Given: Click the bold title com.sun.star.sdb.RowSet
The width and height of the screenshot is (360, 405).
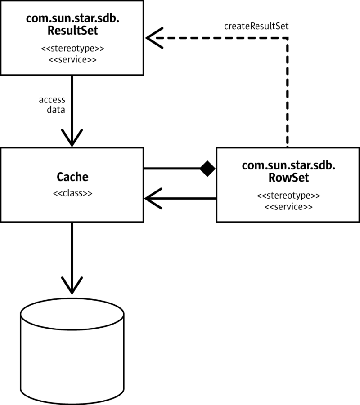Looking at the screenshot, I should point(288,171).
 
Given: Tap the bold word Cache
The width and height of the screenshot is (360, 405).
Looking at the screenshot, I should point(72,177).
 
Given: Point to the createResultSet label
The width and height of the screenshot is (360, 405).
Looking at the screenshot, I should point(256,26).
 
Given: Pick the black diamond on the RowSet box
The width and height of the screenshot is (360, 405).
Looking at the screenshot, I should point(208,169).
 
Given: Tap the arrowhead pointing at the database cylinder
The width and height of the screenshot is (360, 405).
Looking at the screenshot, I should point(72,283).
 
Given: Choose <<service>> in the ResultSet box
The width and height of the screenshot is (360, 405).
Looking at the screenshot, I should point(72,60).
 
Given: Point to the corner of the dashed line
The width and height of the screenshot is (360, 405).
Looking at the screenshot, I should point(288,38).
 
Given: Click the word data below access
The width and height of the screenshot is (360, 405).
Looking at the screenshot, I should point(56,109).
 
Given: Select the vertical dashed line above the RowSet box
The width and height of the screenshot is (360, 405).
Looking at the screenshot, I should point(288,94).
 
